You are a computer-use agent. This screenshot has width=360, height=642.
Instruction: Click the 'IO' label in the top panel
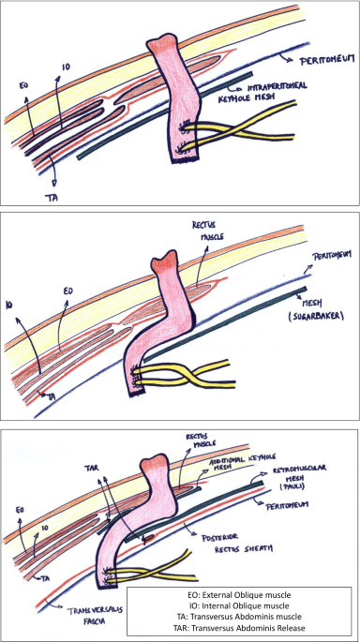[x=65, y=67]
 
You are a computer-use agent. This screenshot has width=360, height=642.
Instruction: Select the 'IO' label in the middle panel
[x=9, y=306]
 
